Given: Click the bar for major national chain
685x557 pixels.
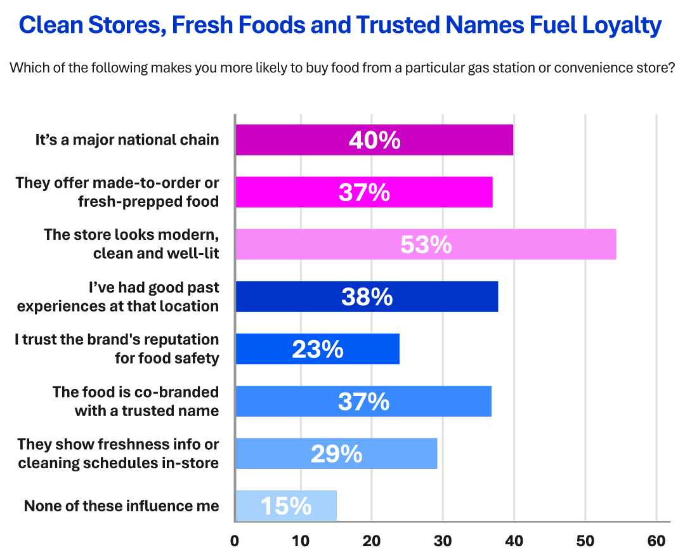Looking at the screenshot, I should click(374, 140).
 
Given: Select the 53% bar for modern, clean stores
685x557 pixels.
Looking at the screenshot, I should click(426, 244).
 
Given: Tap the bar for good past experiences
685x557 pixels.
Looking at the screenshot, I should click(367, 297).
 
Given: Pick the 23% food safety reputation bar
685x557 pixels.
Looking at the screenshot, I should click(317, 349).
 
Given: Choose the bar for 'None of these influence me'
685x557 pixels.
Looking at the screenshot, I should click(285, 506).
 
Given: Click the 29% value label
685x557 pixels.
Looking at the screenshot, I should click(336, 454).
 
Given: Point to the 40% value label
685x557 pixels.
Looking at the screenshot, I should click(374, 140).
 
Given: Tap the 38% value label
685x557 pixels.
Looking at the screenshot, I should click(367, 297).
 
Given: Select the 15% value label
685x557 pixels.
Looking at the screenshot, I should click(285, 506).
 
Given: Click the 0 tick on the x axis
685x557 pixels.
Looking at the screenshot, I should click(235, 541).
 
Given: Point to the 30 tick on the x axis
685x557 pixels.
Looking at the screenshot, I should click(443, 541).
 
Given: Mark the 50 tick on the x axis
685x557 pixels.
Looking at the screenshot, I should click(585, 541).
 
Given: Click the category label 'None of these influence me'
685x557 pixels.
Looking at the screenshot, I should click(121, 506).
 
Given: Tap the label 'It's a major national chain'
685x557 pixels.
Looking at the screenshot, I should click(127, 140).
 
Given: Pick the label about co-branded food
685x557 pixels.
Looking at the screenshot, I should click(136, 401).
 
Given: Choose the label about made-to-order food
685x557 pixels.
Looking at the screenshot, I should click(117, 192).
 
